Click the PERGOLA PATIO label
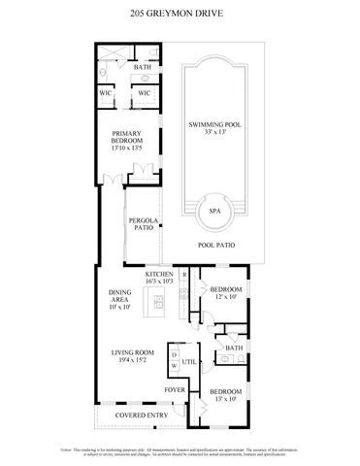[143, 225]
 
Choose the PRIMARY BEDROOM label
[128, 137]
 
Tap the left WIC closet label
[106, 93]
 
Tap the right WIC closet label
[144, 93]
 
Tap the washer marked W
[174, 366]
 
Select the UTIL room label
[191, 361]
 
